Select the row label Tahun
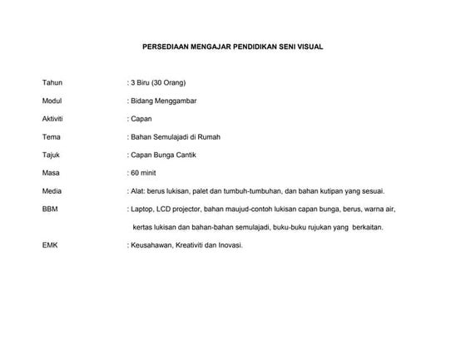click(52, 84)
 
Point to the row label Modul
click(52, 101)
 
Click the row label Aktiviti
click(53, 120)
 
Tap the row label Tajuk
click(52, 155)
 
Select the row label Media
click(52, 191)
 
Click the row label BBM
click(51, 210)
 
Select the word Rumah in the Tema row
click(207, 137)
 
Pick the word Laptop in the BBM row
click(141, 210)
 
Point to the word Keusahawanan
click(151, 245)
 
